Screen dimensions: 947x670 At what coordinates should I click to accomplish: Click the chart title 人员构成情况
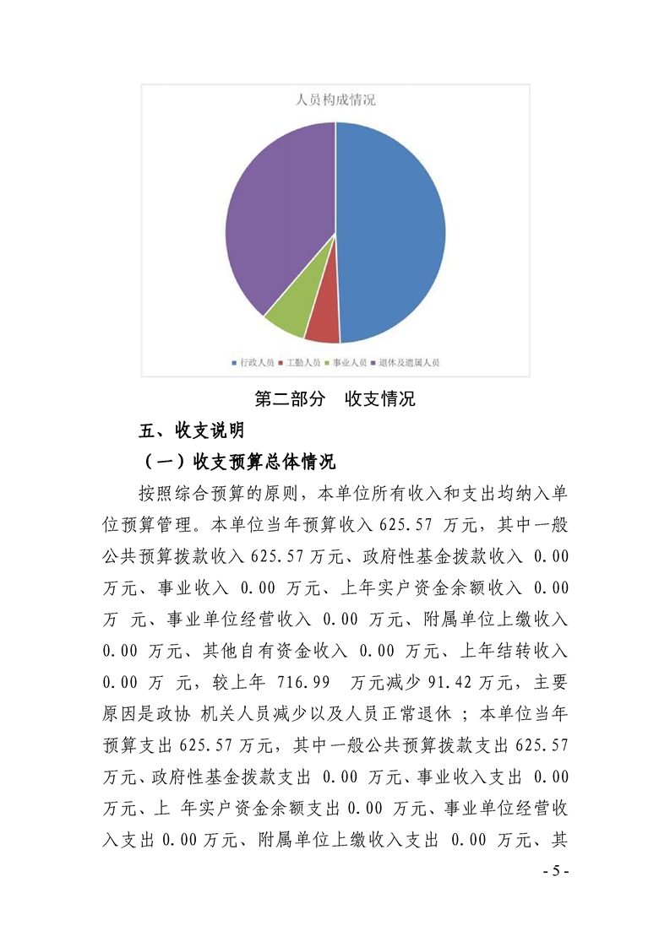pos(335,100)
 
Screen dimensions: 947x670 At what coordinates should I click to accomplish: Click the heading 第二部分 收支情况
pos(335,399)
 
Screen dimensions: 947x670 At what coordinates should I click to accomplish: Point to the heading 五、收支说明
pos(192,430)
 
